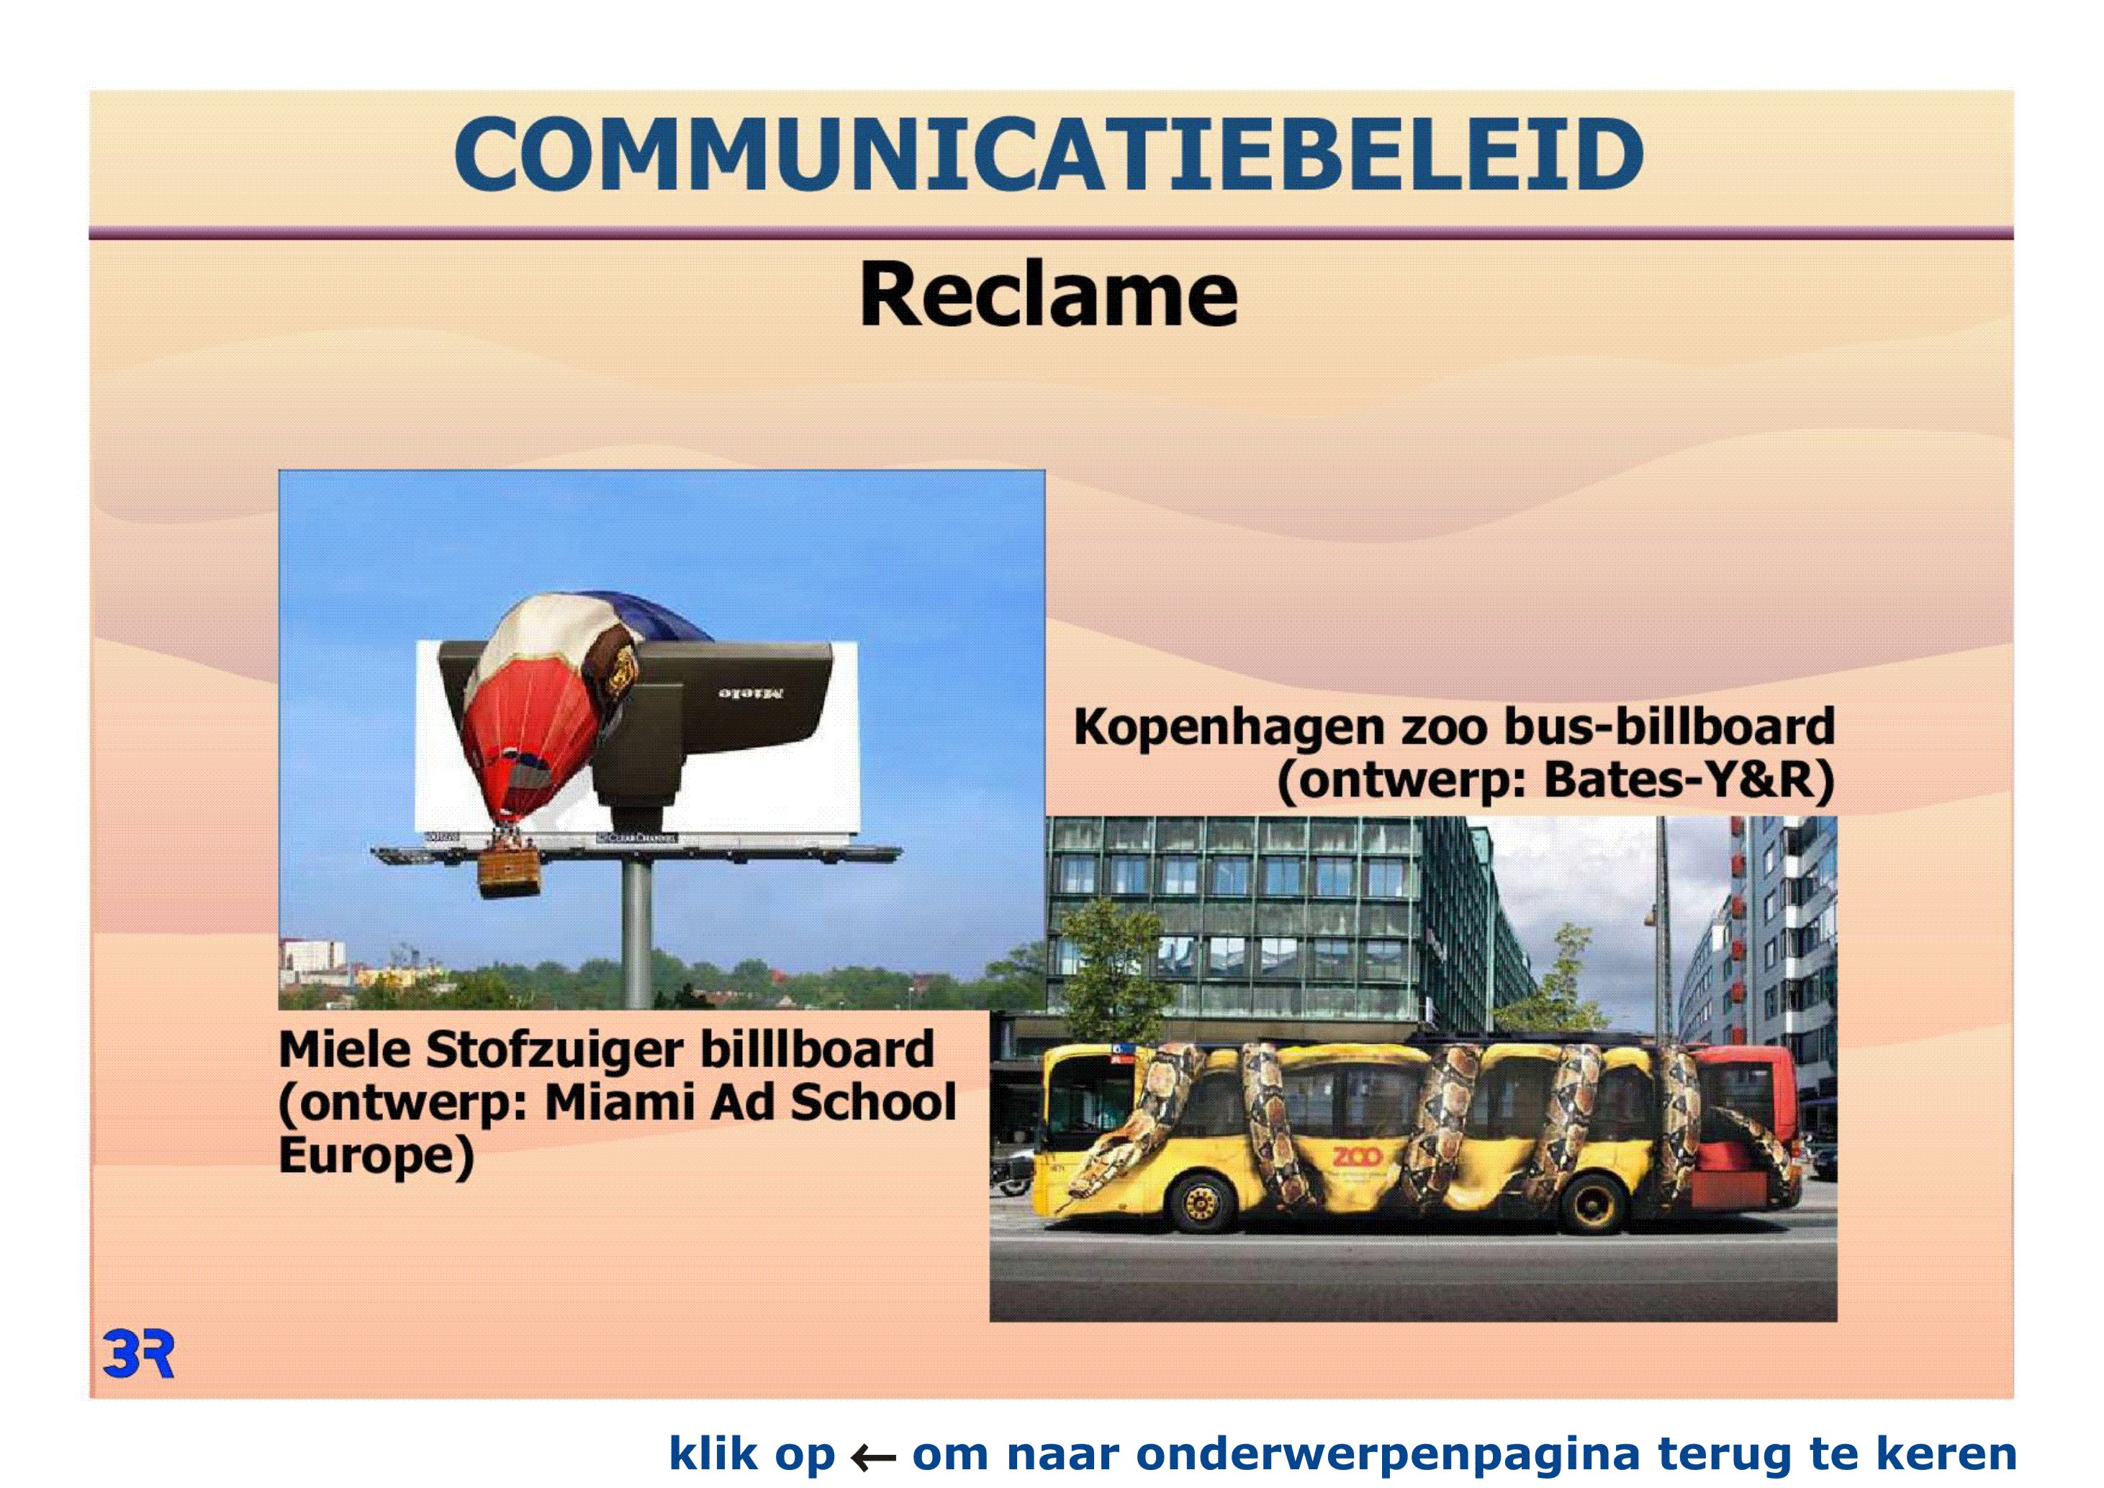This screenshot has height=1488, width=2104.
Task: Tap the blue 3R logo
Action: pos(138,1355)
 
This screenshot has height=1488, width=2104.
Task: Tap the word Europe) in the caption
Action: pos(376,1156)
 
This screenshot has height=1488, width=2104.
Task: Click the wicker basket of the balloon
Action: pos(510,873)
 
